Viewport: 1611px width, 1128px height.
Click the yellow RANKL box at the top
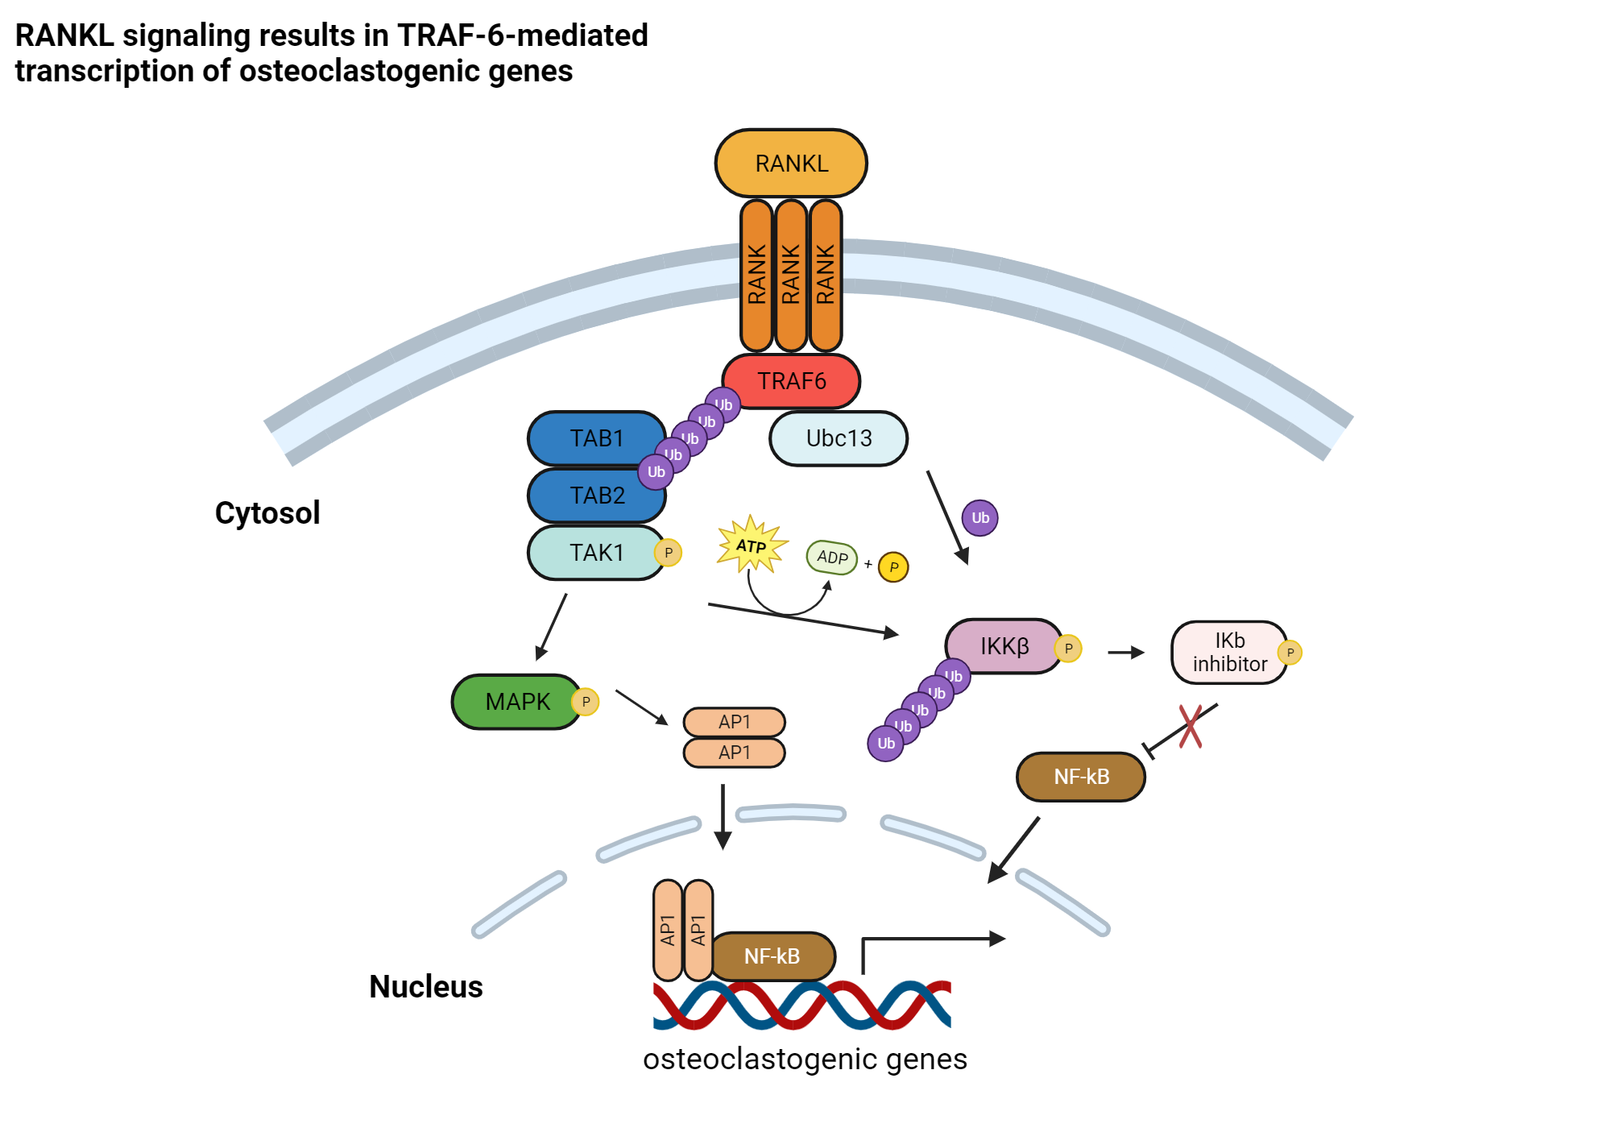pyautogui.click(x=790, y=164)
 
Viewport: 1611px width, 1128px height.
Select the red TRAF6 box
pyautogui.click(x=791, y=381)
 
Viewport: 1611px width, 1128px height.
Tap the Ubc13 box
pyautogui.click(x=839, y=438)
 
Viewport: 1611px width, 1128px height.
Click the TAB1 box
pyautogui.click(x=596, y=438)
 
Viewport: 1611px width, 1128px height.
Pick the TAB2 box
pyautogui.click(x=596, y=496)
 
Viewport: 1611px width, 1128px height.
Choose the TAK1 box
pyautogui.click(x=596, y=553)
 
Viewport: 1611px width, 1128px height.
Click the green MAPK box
pyautogui.click(x=516, y=702)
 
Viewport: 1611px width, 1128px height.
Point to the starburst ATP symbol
pyautogui.click(x=752, y=545)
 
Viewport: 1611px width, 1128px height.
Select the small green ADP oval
pyautogui.click(x=832, y=557)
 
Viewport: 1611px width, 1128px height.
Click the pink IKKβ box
pyautogui.click(x=1004, y=646)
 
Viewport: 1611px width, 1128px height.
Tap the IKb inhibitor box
pyautogui.click(x=1228, y=653)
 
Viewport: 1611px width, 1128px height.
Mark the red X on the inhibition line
pyautogui.click(x=1191, y=727)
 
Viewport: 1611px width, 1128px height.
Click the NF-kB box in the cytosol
pyautogui.click(x=1081, y=777)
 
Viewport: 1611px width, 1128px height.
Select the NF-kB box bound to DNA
pyautogui.click(x=772, y=956)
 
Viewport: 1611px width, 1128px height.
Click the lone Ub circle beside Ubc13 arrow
pyautogui.click(x=980, y=518)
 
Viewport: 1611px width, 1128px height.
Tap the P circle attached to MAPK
pyautogui.click(x=586, y=702)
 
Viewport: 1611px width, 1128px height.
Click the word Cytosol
pyautogui.click(x=267, y=513)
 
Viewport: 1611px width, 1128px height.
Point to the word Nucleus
pyautogui.click(x=425, y=987)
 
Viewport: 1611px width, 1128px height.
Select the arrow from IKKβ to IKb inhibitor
pyautogui.click(x=1125, y=653)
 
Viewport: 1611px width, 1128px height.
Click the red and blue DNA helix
pyautogui.click(x=801, y=1006)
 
